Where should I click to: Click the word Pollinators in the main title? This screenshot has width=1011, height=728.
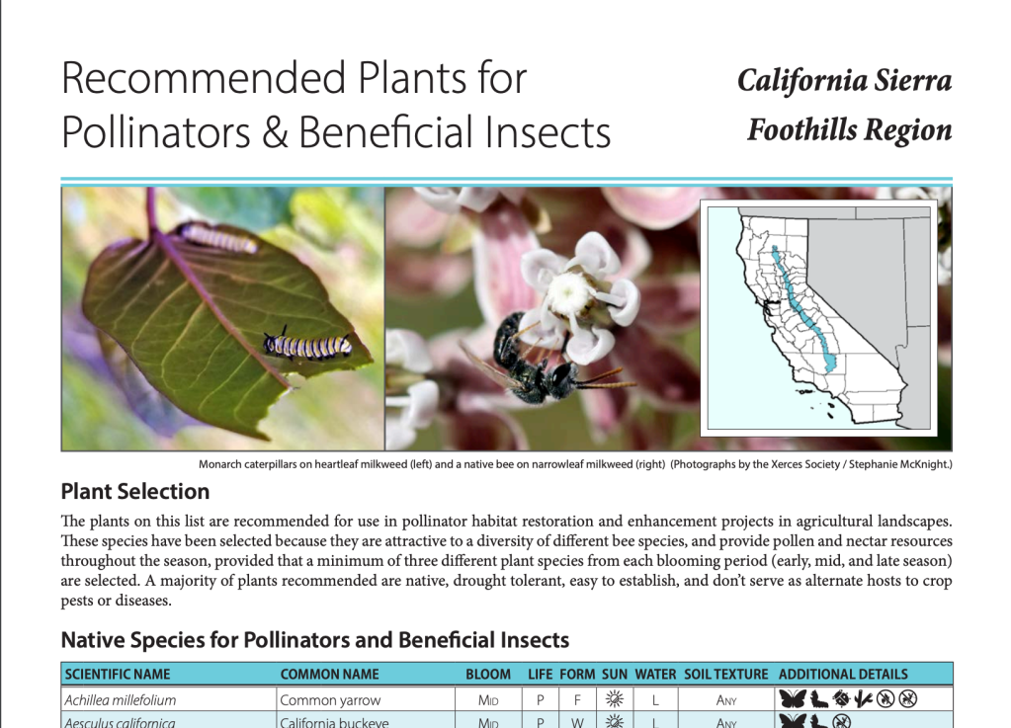point(156,132)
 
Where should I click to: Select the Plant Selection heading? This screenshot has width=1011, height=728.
point(135,492)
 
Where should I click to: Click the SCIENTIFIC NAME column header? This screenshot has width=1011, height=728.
point(118,675)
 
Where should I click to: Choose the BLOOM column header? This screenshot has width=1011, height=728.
point(488,675)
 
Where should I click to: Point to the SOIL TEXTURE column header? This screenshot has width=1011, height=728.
point(726,675)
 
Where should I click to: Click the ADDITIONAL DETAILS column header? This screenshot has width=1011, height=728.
point(843,675)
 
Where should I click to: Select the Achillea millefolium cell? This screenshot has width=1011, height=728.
point(120,700)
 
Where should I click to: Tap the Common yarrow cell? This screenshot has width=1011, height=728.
point(330,700)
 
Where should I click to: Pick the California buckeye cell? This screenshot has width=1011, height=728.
point(334,722)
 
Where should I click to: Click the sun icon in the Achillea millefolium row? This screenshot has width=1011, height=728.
point(615,699)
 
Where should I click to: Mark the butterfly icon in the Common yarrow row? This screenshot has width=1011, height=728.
point(793,699)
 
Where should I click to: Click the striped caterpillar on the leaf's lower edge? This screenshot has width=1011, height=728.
point(307,346)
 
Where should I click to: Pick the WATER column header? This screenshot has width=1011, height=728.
point(655,675)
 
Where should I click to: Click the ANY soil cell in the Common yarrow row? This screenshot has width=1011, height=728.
point(726,700)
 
